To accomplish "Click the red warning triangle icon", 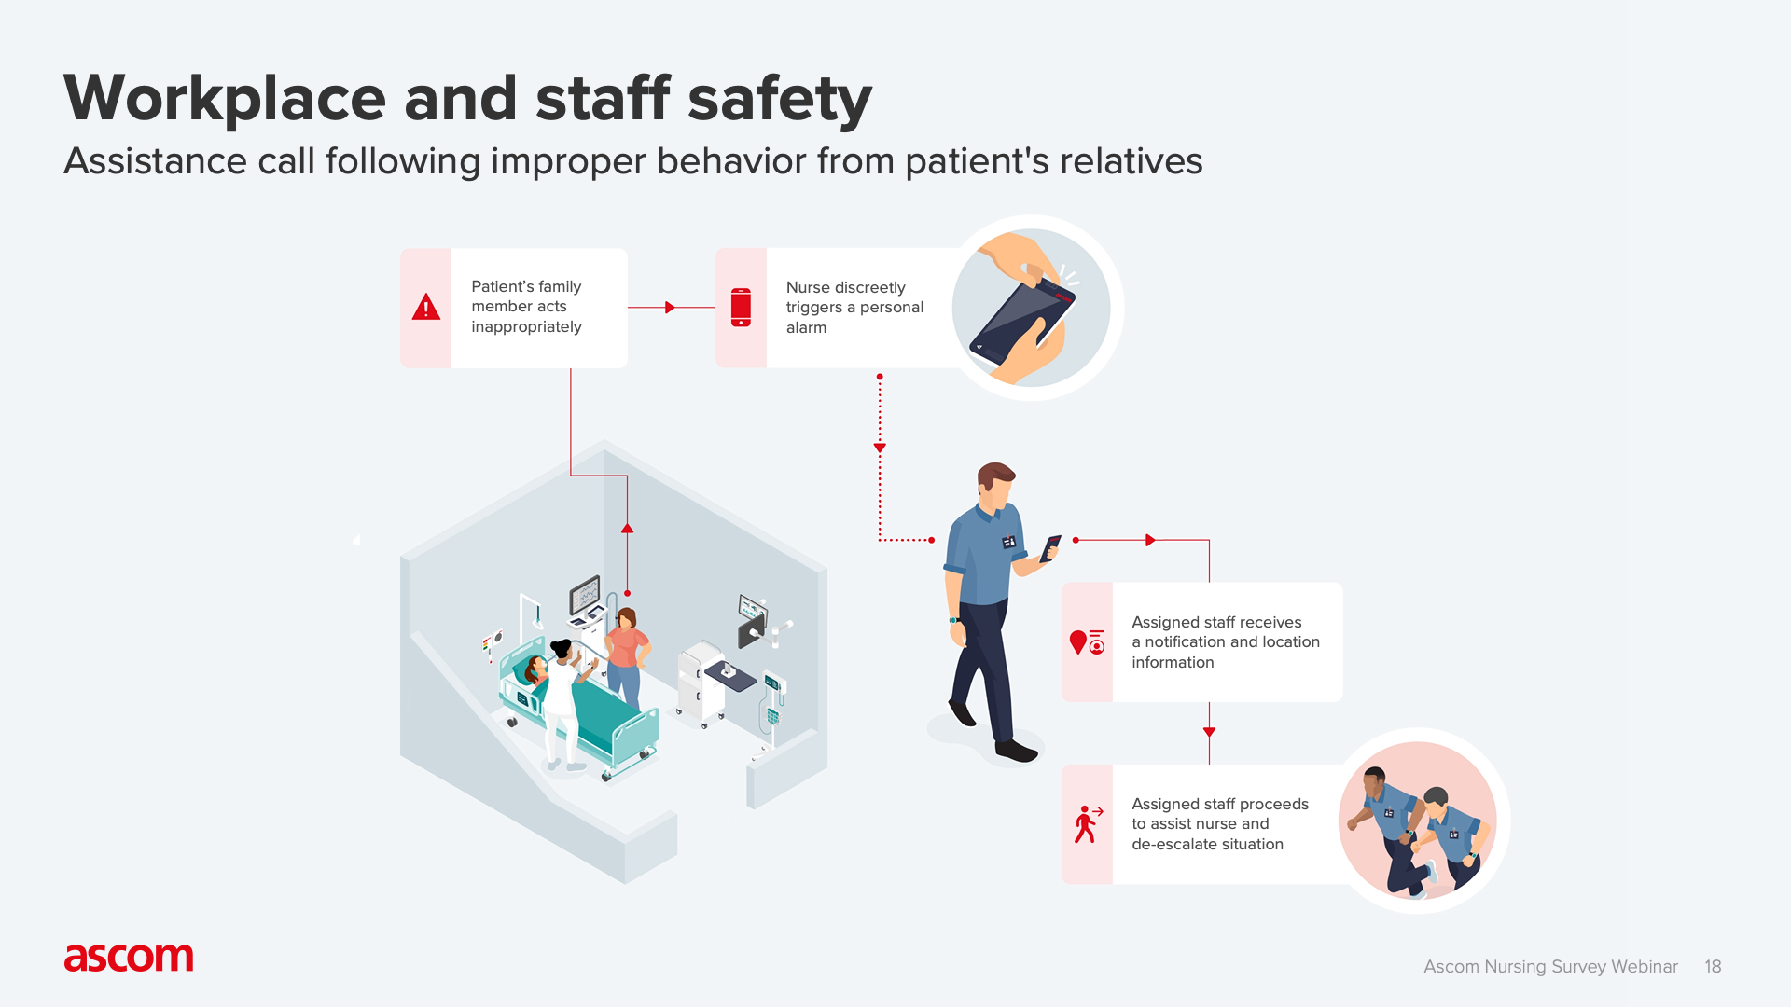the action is click(x=426, y=307).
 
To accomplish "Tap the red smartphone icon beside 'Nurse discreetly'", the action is click(x=741, y=307).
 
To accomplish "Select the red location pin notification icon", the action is click(x=1087, y=642).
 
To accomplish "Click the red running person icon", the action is click(x=1087, y=824).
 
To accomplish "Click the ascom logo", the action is click(x=129, y=958).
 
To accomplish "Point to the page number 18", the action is click(x=1713, y=967).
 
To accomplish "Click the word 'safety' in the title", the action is click(x=779, y=99).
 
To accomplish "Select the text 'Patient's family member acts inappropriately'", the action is click(x=526, y=307).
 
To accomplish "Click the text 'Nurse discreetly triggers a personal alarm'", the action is click(x=854, y=308).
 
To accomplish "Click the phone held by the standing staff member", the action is click(x=1051, y=547).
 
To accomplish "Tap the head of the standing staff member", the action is click(x=995, y=483).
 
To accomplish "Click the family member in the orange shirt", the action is click(x=627, y=648).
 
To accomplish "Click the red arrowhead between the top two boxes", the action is click(x=670, y=308).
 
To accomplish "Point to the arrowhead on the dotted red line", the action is click(x=880, y=448).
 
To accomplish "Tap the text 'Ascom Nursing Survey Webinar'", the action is click(x=1550, y=967).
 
